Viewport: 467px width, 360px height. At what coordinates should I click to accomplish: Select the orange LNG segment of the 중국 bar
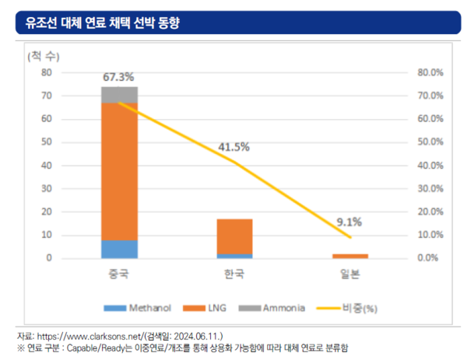click(119, 171)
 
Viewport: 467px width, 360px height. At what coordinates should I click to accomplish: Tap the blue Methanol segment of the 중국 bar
click(119, 249)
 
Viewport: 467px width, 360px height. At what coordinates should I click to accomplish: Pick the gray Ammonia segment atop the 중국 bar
click(119, 95)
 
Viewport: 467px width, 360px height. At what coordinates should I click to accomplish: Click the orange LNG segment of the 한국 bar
click(234, 236)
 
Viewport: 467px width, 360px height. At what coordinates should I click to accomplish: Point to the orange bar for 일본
click(349, 256)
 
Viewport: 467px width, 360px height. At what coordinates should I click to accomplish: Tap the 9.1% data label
click(349, 222)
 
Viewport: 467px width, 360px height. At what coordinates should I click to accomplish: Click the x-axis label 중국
click(119, 274)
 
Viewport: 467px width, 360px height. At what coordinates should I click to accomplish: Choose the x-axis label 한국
click(234, 274)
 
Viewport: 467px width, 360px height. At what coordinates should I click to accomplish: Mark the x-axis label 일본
click(349, 274)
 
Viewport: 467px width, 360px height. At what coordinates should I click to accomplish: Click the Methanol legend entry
click(141, 307)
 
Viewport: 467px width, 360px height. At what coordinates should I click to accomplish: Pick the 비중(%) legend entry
click(348, 307)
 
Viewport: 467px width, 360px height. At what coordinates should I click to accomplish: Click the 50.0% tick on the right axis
click(430, 142)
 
